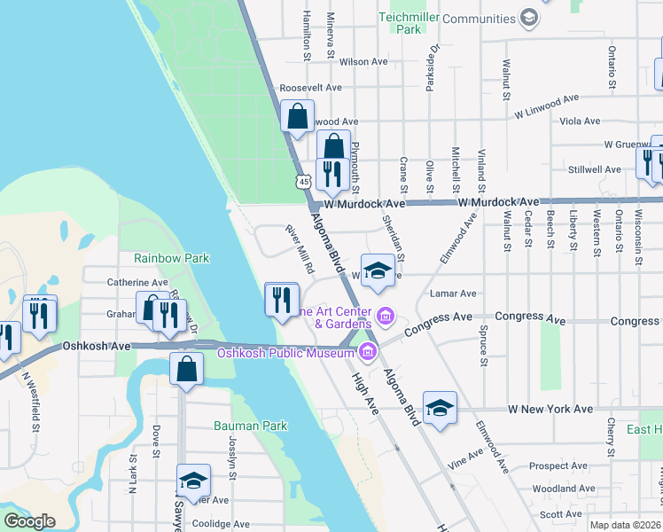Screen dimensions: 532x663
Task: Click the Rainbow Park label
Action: tap(171, 258)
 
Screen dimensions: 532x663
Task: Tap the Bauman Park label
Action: tap(251, 426)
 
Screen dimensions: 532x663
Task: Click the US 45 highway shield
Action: tap(304, 181)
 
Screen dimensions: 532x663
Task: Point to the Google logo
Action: tap(29, 520)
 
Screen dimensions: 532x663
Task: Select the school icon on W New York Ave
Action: tap(440, 408)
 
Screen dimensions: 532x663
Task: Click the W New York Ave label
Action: tap(550, 409)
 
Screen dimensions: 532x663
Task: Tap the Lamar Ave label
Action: tap(453, 293)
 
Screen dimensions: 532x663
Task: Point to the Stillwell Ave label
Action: tap(595, 168)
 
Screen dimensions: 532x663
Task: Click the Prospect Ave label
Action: tap(558, 465)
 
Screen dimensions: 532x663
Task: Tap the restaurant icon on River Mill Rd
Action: tap(282, 300)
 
